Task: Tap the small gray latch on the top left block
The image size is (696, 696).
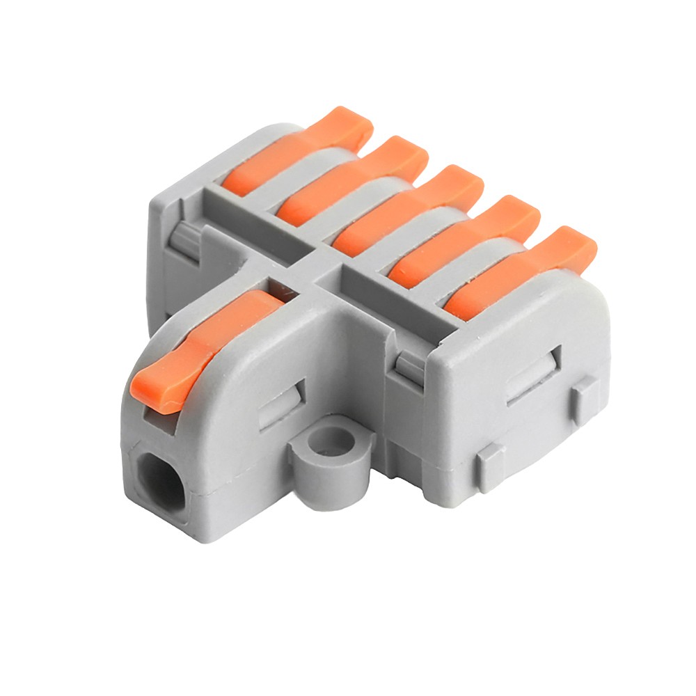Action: click(x=185, y=239)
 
